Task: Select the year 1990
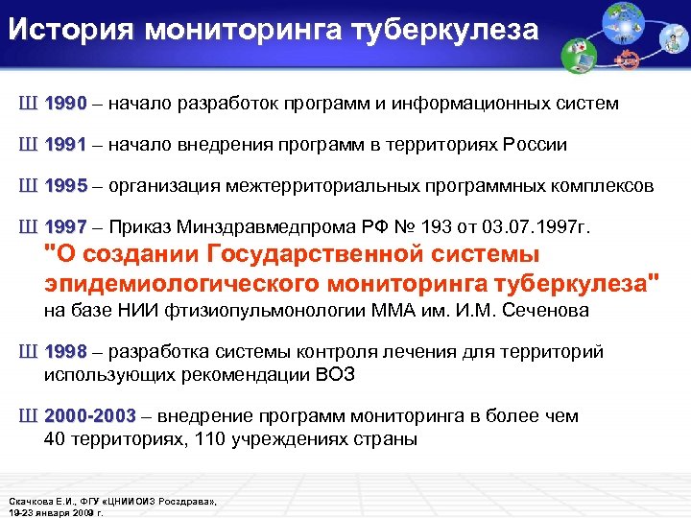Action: coord(65,103)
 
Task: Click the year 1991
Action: coord(65,145)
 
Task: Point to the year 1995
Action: coord(65,186)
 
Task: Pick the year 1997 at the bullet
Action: coord(65,228)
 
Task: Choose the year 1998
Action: coord(65,352)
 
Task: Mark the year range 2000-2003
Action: coord(90,416)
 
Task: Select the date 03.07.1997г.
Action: coord(538,228)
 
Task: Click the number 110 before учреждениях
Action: coord(205,440)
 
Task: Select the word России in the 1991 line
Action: coord(532,145)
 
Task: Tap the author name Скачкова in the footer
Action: coord(33,502)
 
